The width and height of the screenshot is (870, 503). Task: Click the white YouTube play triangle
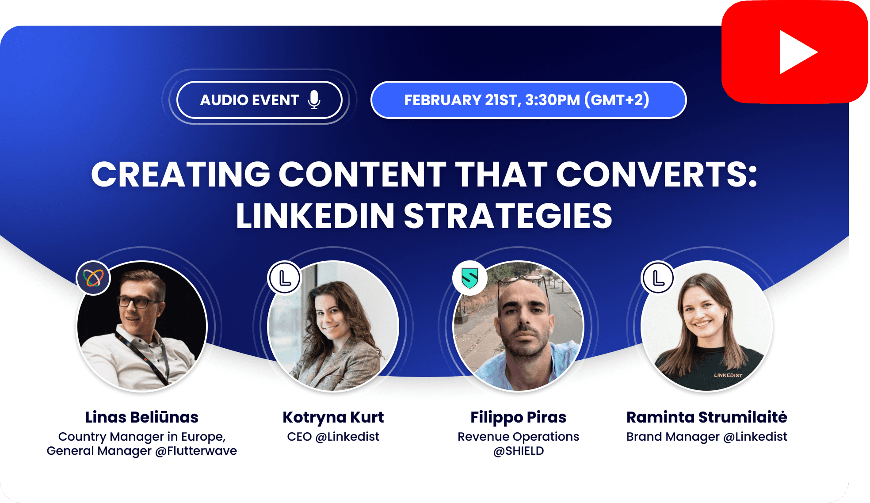(x=796, y=52)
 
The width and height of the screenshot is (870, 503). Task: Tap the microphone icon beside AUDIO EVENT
(x=314, y=100)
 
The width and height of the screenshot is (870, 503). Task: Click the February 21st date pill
(x=528, y=100)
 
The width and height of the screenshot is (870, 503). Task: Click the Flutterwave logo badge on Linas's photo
(x=93, y=278)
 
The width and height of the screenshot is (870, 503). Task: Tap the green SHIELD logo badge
(x=469, y=278)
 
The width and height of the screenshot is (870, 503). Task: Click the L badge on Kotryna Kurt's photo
(x=285, y=278)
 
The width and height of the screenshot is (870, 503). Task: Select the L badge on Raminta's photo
(x=658, y=278)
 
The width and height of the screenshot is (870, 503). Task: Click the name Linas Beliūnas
(x=141, y=417)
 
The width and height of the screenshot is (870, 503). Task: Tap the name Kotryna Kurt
(x=333, y=417)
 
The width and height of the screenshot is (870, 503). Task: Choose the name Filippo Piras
(x=518, y=417)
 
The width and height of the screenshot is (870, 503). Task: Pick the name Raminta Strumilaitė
(x=706, y=417)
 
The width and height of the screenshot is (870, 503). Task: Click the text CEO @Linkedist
(x=333, y=437)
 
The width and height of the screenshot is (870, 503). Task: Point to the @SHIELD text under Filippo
(x=518, y=451)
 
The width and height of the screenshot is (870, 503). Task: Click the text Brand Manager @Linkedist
(x=706, y=437)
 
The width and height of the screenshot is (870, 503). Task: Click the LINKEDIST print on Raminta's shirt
(x=728, y=375)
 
